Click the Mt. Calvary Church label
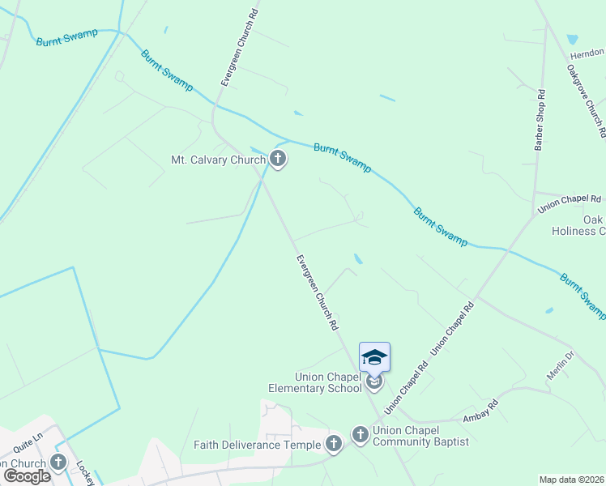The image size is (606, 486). pyautogui.click(x=218, y=160)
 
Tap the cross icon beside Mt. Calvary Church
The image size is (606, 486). pyautogui.click(x=278, y=160)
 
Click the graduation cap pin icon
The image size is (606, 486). pyautogui.click(x=374, y=358)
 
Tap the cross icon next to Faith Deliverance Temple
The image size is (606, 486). pyautogui.click(x=333, y=443)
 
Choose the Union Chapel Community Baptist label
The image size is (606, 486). pyautogui.click(x=420, y=435)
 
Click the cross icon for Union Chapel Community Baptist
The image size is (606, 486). pyautogui.click(x=361, y=435)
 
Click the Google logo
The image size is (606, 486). pyautogui.click(x=27, y=475)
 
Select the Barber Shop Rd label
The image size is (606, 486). pyautogui.click(x=540, y=121)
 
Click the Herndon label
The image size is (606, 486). pyautogui.click(x=587, y=53)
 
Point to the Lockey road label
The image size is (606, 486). pyautogui.click(x=85, y=473)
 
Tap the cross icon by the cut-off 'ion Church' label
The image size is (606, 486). pyautogui.click(x=58, y=463)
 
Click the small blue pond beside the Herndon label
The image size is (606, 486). pyautogui.click(x=573, y=39)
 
